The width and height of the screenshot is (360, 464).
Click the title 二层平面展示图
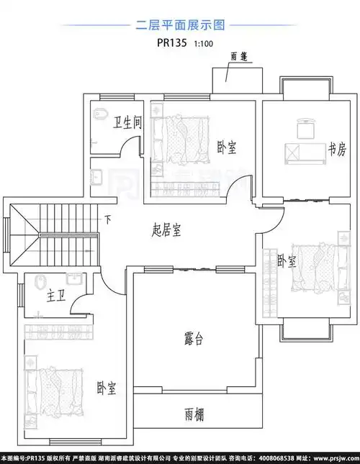(x=180, y=25)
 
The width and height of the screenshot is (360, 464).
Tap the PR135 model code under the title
(x=172, y=42)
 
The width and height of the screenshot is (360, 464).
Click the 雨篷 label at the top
(x=240, y=56)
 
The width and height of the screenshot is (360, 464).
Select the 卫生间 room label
(x=127, y=123)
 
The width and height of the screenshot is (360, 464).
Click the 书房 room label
(x=337, y=150)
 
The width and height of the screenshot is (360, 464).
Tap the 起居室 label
(x=166, y=230)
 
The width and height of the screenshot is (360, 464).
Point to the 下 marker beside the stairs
(x=108, y=219)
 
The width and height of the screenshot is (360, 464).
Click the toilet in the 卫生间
(x=100, y=114)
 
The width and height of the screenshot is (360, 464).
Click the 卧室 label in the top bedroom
(x=227, y=148)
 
